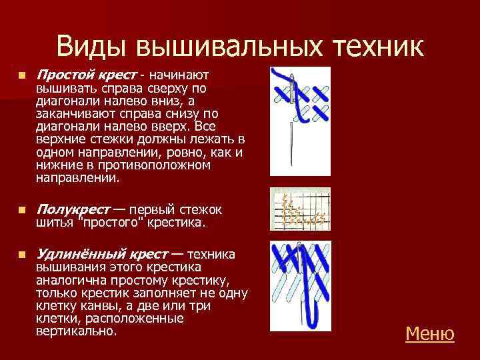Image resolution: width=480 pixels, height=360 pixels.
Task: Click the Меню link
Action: (429, 333)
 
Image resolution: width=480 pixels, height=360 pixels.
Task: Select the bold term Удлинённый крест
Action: (101, 254)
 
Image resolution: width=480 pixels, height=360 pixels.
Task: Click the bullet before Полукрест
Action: (21, 210)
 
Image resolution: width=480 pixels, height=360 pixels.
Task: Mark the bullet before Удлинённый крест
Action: (21, 255)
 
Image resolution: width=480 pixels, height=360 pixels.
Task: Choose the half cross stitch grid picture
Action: (300, 209)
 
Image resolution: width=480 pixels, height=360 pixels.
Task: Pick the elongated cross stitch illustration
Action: (301, 289)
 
